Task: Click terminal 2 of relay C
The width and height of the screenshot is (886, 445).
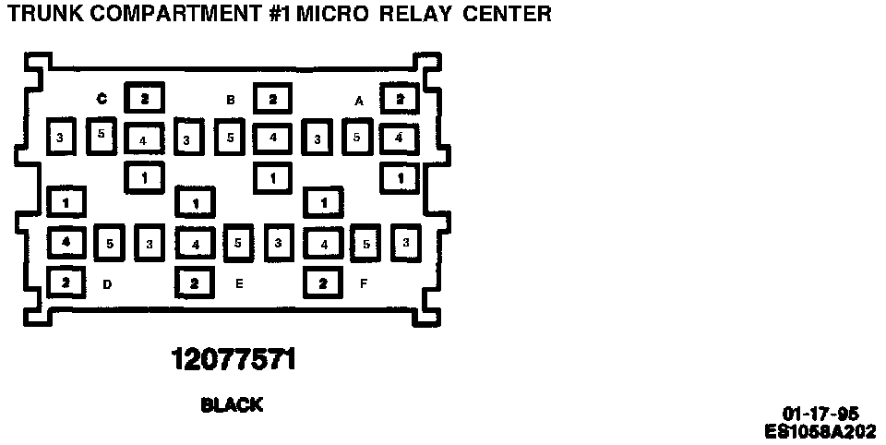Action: [x=144, y=98]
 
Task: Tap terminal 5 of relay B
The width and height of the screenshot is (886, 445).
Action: [x=232, y=137]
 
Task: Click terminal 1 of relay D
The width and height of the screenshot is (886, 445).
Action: [x=66, y=200]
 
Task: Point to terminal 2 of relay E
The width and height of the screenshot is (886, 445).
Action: [x=195, y=283]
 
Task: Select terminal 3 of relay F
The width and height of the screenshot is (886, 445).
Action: [x=405, y=242]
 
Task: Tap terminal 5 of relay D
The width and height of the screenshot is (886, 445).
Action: [x=109, y=244]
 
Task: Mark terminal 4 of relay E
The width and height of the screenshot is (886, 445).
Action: [x=195, y=245]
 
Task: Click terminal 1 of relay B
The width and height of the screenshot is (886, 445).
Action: [x=271, y=176]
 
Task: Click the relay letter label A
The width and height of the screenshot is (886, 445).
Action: [x=359, y=100]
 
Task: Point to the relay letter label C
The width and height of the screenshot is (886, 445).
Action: [x=102, y=99]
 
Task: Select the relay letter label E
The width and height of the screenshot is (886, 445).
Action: [x=239, y=283]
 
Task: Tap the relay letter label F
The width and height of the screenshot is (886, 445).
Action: [x=364, y=283]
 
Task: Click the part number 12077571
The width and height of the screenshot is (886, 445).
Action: [x=233, y=359]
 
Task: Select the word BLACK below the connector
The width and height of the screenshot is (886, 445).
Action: [x=232, y=404]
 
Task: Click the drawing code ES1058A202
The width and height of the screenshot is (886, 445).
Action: [x=820, y=430]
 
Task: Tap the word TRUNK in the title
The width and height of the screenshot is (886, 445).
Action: [x=41, y=14]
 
